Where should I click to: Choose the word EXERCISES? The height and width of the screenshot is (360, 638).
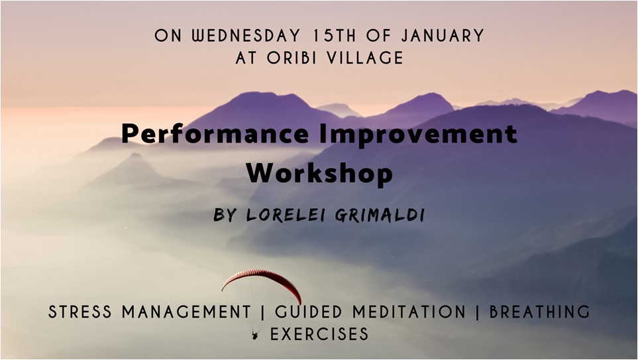point(319,334)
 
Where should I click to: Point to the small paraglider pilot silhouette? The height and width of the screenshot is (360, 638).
point(254,335)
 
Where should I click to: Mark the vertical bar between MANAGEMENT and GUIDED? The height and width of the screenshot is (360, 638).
point(262,312)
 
